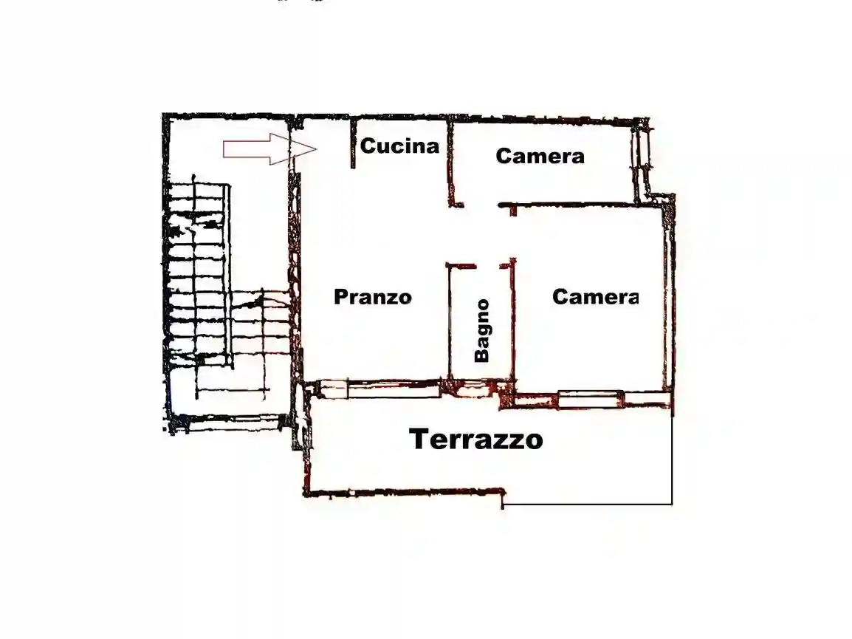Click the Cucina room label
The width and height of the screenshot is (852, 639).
click(399, 146)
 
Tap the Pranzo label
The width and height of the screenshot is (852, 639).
click(372, 297)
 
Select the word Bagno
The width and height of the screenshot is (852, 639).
click(482, 330)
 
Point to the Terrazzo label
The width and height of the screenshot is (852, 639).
click(476, 440)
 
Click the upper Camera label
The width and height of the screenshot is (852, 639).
click(540, 157)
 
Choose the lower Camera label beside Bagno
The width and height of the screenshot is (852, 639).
click(595, 297)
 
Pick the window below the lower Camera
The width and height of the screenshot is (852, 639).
click(591, 400)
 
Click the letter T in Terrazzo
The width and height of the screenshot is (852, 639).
click(419, 440)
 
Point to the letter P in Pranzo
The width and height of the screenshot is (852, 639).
click(340, 297)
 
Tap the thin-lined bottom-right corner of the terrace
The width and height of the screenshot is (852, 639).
click(671, 504)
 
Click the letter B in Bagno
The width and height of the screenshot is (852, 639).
click(482, 354)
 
